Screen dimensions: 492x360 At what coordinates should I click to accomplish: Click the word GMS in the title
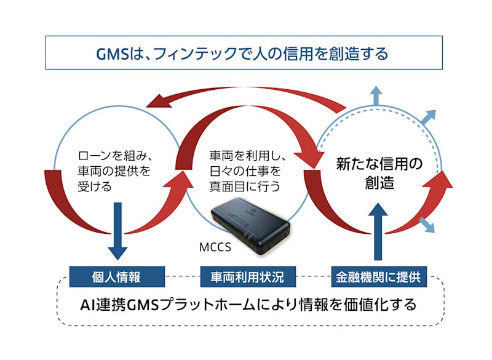click(x=113, y=54)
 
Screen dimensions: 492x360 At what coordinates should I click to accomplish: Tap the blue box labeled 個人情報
click(x=117, y=277)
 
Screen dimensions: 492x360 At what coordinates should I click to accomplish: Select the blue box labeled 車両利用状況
click(x=248, y=277)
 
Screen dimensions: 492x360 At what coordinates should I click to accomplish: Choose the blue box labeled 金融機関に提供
click(x=379, y=277)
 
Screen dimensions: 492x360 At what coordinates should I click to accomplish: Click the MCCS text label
click(x=215, y=247)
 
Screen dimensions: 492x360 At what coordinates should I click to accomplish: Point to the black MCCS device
click(x=250, y=226)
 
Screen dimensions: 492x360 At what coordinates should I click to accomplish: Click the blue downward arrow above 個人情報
click(x=117, y=231)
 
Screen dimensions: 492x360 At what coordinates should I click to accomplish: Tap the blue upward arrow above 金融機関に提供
click(x=378, y=231)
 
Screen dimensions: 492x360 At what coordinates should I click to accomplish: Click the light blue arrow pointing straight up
click(x=376, y=95)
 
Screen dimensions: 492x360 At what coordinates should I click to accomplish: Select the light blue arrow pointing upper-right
click(x=428, y=117)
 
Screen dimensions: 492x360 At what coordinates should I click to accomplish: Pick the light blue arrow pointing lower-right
click(x=427, y=226)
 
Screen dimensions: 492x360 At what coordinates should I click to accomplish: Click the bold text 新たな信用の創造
click(x=379, y=174)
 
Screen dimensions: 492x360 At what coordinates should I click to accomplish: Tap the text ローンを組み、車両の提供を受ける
click(x=115, y=171)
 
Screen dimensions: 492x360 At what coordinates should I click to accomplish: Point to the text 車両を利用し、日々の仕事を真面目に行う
click(x=248, y=171)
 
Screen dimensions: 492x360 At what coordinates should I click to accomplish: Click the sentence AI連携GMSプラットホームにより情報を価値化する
click(x=248, y=305)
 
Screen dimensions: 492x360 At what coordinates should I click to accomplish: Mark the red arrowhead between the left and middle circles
click(x=180, y=179)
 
